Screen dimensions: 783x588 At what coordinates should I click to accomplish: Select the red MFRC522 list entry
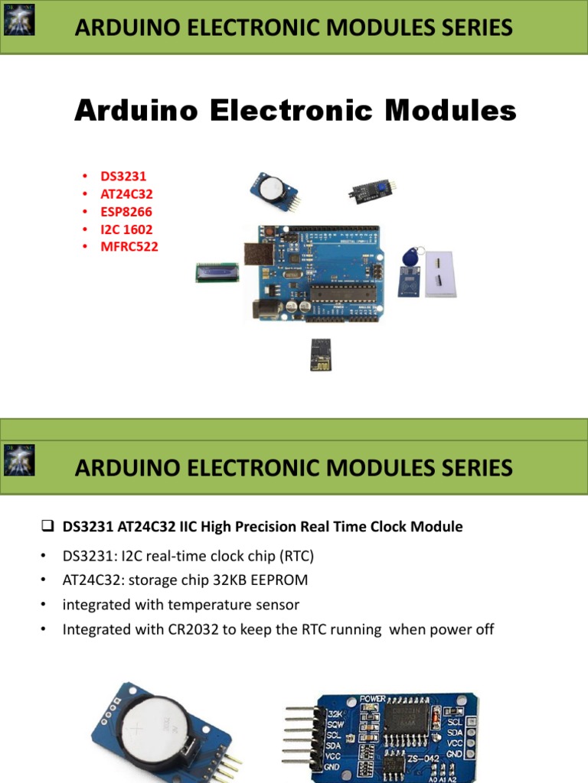point(129,246)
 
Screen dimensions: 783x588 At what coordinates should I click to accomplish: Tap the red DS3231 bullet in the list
point(122,177)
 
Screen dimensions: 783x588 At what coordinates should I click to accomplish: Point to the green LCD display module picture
point(215,271)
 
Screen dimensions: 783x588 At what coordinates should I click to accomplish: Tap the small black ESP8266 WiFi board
point(321,354)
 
